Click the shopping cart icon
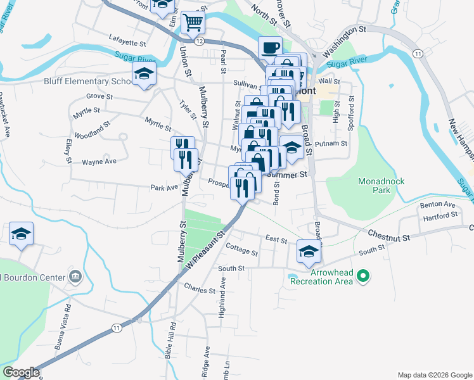point(193,23)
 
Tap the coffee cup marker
point(270,47)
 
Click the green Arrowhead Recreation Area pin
point(363,275)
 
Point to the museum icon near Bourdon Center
point(75,277)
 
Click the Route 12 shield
point(199,41)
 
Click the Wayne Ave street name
point(99,162)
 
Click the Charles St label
point(200,290)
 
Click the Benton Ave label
point(438,205)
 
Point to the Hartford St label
point(441,216)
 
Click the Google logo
point(21,372)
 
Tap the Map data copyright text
point(434,375)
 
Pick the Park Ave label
point(162,187)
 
